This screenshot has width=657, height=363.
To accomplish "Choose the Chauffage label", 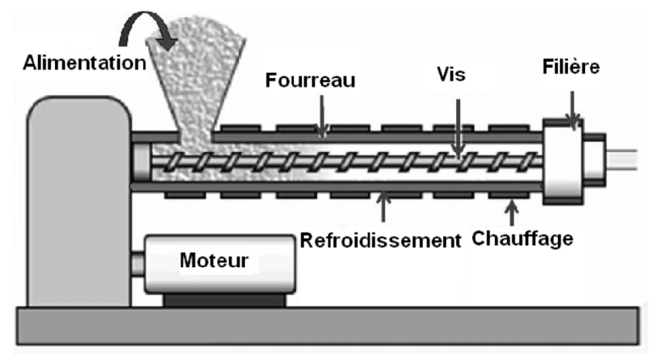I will pyautogui.click(x=525, y=237).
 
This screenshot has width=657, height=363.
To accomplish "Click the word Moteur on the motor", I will pyautogui.click(x=214, y=260).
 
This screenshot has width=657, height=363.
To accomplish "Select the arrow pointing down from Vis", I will pyautogui.click(x=458, y=123).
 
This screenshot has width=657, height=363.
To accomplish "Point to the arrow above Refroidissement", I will pyautogui.click(x=383, y=205).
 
